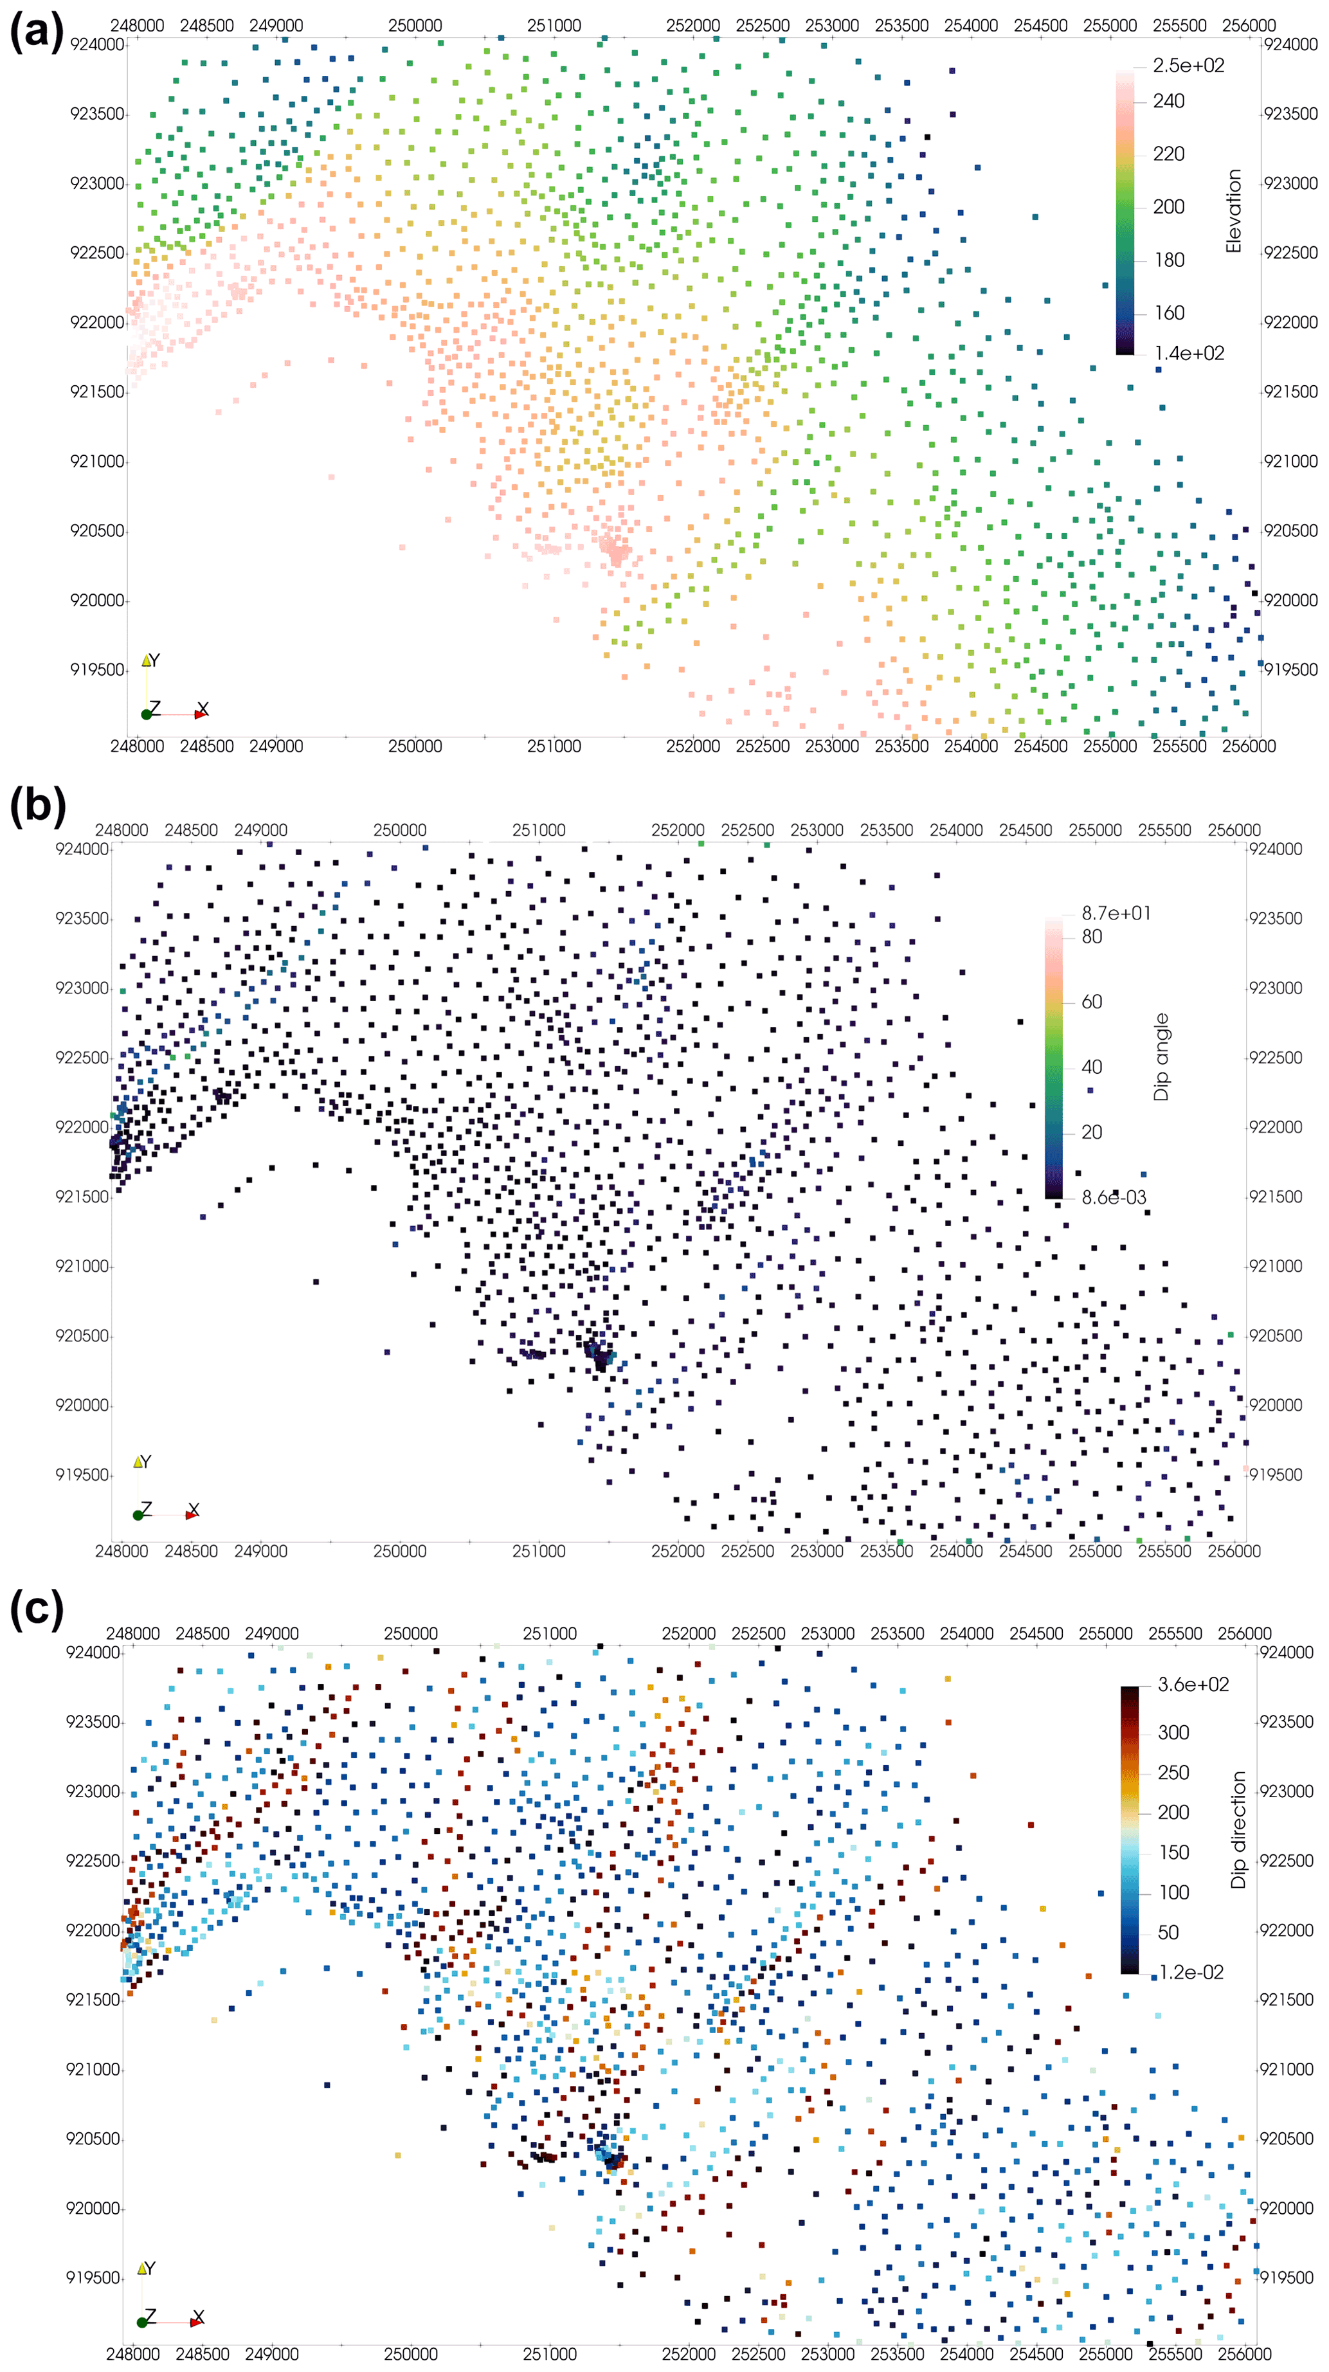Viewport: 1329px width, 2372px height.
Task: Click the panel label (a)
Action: click(x=37, y=32)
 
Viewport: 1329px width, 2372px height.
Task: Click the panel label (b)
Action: click(x=37, y=806)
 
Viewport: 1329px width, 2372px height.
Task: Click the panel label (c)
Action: click(x=37, y=1609)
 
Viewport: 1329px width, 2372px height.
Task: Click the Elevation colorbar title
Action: click(x=1233, y=210)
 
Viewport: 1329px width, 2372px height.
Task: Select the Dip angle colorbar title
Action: click(x=1161, y=1057)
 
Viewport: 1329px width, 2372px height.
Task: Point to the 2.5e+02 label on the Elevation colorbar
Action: click(x=1188, y=66)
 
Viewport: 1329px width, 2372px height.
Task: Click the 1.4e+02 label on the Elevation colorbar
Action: click(x=1189, y=354)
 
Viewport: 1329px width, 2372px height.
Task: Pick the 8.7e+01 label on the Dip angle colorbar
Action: click(x=1116, y=912)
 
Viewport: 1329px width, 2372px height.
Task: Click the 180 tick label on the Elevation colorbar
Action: click(x=1169, y=260)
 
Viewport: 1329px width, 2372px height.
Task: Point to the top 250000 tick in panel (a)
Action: click(x=415, y=26)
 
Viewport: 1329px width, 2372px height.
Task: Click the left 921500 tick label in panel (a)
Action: click(x=96, y=392)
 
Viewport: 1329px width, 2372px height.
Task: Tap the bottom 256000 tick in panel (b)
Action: click(x=1233, y=1552)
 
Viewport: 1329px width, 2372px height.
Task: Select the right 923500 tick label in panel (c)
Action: click(x=1286, y=1722)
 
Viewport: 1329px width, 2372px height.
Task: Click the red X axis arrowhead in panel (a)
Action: click(x=200, y=714)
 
